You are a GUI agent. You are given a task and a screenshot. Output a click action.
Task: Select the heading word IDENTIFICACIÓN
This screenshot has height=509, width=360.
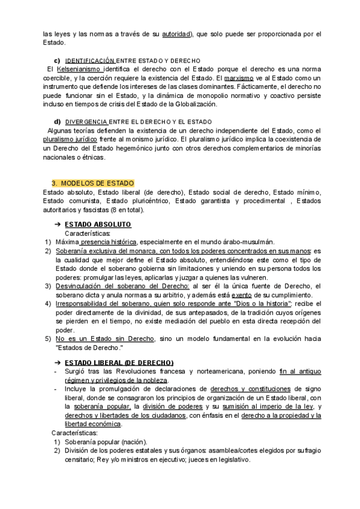[90, 61]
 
